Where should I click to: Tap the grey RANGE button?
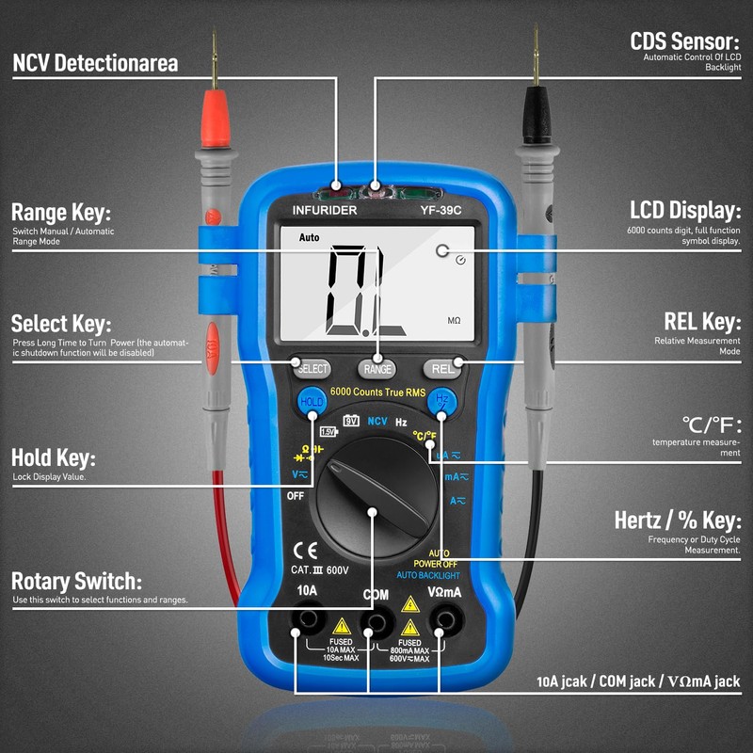pos(376,369)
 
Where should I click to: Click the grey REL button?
pos(442,369)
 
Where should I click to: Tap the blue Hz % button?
pos(441,401)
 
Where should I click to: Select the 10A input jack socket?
pos(307,618)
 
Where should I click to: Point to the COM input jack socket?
pos(376,619)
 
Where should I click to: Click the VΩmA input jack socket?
pos(444,618)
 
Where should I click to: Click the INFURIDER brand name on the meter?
pos(324,210)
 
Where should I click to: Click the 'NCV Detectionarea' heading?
pos(95,63)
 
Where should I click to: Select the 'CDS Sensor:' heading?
pos(684,41)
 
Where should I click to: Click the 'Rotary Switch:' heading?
pos(76,580)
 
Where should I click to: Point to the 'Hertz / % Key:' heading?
pos(677,521)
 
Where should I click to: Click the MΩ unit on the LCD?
pos(454,321)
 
